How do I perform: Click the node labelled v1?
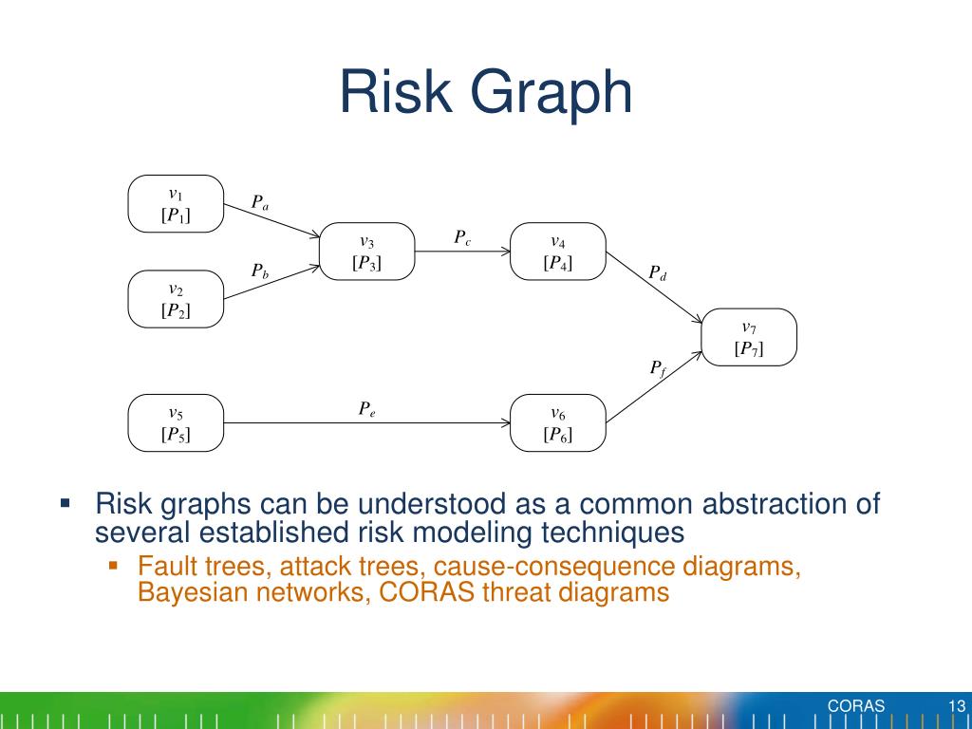click(x=176, y=204)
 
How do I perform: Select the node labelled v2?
click(x=176, y=299)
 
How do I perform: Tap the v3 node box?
click(x=367, y=252)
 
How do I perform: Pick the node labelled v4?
click(x=558, y=252)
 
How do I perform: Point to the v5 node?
click(x=176, y=423)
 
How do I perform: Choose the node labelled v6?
click(x=558, y=423)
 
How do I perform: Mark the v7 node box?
click(x=749, y=337)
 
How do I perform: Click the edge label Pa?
click(x=259, y=202)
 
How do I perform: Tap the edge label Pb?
click(x=259, y=271)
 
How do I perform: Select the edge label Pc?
click(x=462, y=237)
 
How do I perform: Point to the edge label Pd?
click(x=658, y=273)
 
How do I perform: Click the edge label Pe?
click(x=366, y=409)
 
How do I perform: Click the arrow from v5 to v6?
click(x=366, y=423)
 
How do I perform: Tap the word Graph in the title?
click(x=554, y=93)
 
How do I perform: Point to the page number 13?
click(x=956, y=705)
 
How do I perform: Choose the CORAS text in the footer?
click(x=855, y=705)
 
